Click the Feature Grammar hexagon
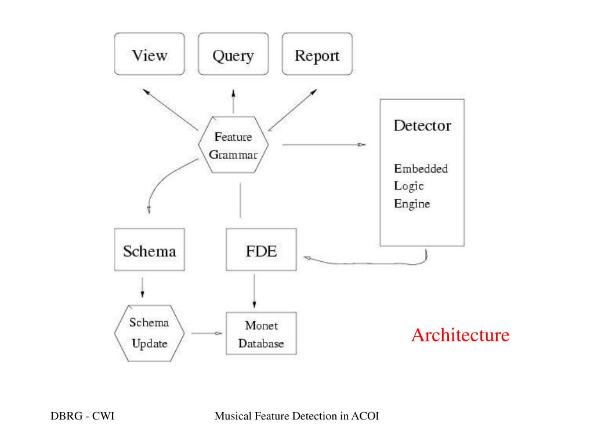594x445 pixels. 233,145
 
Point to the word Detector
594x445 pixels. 422,126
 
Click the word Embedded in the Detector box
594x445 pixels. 421,169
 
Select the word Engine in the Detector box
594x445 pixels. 412,204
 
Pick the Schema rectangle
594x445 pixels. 150,250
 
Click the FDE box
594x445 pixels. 260,250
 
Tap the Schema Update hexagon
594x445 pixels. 149,333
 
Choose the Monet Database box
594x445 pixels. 260,334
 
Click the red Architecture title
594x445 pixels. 460,335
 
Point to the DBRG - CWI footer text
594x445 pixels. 82,416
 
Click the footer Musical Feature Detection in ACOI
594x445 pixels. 296,416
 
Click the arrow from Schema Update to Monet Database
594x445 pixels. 207,333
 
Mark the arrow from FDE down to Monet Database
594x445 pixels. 253,291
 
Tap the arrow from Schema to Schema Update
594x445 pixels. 143,287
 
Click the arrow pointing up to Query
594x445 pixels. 233,102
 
